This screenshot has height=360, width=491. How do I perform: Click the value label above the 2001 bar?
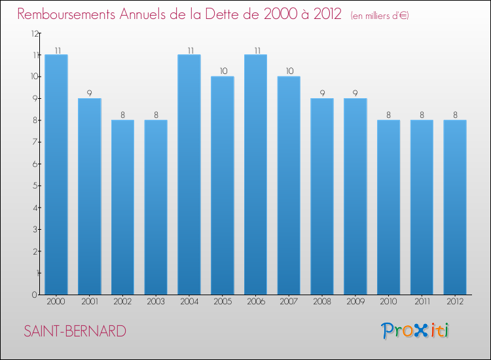pos(90,93)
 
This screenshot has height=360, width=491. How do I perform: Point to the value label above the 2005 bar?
pos(223,71)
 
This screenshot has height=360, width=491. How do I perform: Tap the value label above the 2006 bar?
pos(255,50)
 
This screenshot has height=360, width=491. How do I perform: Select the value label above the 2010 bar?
pos(389,115)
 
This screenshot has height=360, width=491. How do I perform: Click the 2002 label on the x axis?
pos(122,301)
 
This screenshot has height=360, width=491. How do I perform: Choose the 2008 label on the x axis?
pos(322,301)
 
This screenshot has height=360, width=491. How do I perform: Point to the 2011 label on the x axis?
pos(422,301)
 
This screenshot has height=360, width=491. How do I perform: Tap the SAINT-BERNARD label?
pos(75,331)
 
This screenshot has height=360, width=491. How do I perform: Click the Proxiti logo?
pos(414,331)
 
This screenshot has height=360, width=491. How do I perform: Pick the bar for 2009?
pos(355,196)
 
